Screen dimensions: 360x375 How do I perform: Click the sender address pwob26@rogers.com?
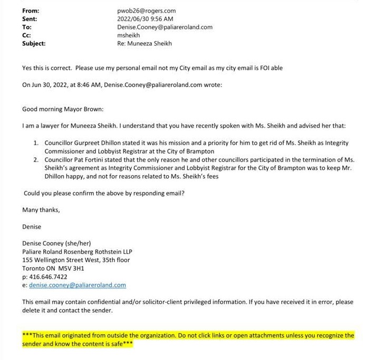(x=146, y=11)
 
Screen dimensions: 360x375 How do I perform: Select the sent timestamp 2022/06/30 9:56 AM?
(x=145, y=19)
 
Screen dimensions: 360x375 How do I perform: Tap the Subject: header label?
(x=34, y=44)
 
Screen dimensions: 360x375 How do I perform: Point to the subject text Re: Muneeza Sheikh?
(x=144, y=44)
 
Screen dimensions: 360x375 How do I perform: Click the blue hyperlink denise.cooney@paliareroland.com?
(x=78, y=285)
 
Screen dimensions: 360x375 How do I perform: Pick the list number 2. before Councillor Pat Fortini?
(x=36, y=160)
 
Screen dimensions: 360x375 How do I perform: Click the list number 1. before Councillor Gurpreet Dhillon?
(x=36, y=143)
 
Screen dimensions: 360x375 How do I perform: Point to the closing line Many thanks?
(x=41, y=210)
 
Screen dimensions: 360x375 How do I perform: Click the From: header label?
(x=31, y=11)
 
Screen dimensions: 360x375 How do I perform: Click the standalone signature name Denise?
(x=32, y=226)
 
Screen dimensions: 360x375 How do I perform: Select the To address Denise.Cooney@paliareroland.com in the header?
(x=165, y=27)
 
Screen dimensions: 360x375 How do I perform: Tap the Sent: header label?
(x=30, y=19)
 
